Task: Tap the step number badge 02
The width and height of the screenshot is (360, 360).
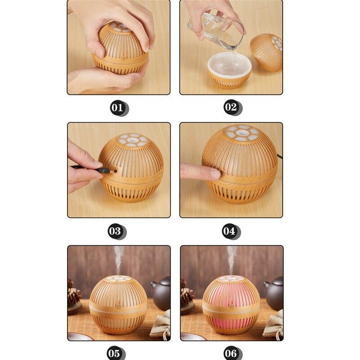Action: point(231,108)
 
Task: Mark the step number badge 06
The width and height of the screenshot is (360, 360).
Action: point(231,352)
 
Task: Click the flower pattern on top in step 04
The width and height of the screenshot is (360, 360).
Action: point(243,135)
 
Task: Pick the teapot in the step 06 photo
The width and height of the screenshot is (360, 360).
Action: point(273,292)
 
